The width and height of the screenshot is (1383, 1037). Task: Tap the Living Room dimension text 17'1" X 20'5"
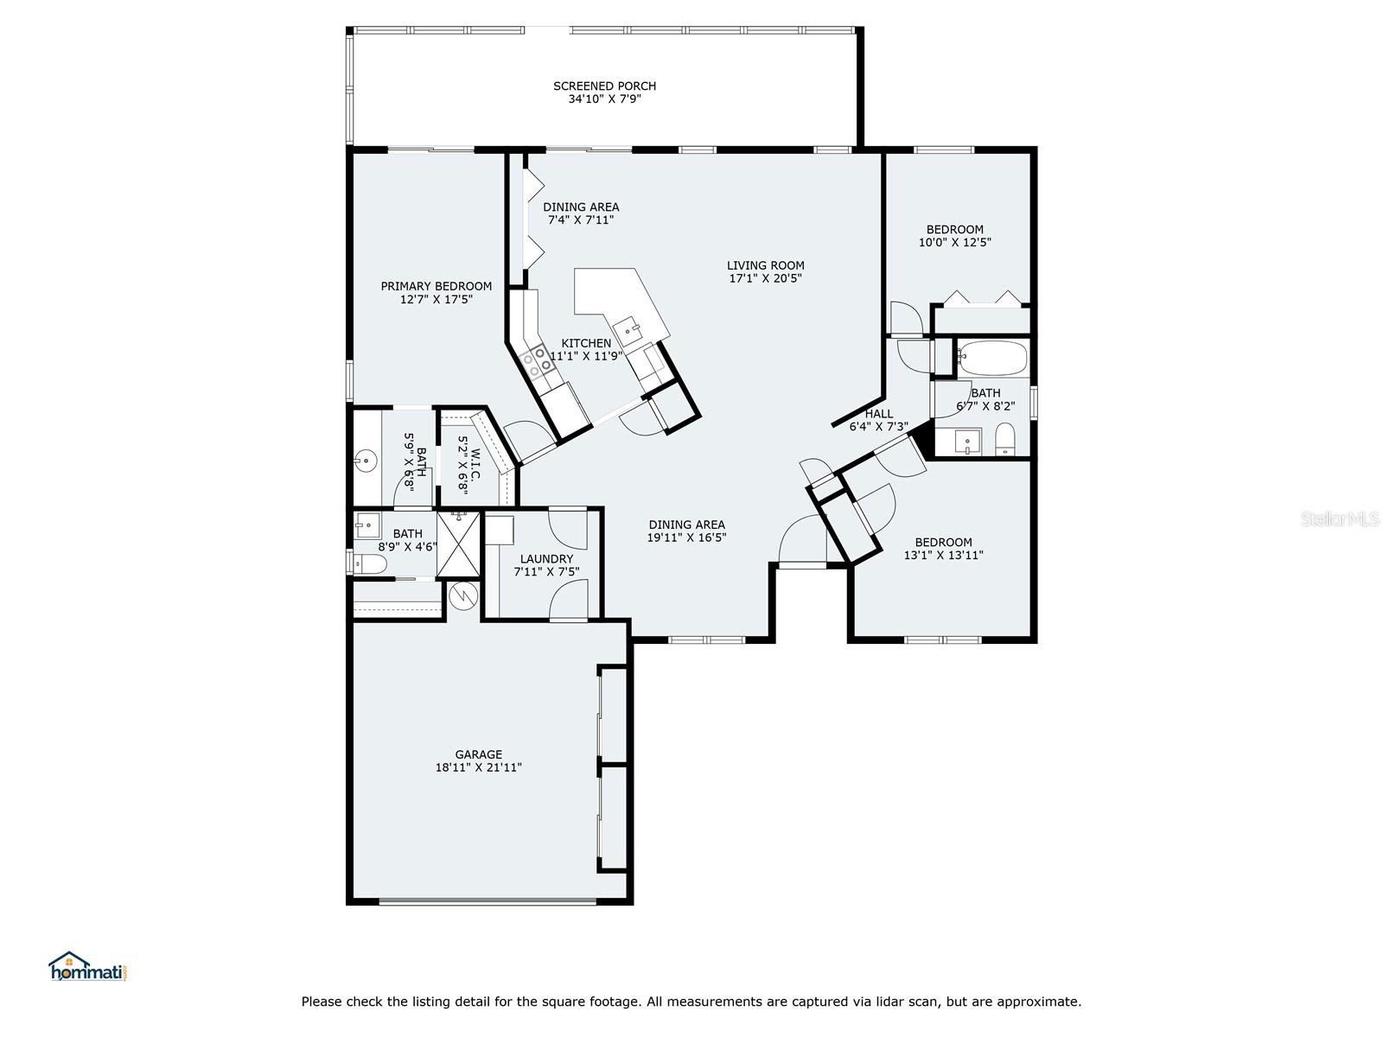click(x=765, y=278)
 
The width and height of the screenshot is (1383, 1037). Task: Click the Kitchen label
click(x=586, y=343)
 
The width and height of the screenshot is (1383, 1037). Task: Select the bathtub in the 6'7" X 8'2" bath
click(x=992, y=358)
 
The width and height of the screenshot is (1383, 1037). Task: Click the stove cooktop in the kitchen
click(x=533, y=362)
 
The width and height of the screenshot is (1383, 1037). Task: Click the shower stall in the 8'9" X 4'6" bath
click(x=458, y=544)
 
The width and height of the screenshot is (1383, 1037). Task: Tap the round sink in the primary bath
click(x=365, y=461)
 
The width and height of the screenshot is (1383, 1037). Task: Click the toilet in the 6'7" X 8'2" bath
click(x=1005, y=439)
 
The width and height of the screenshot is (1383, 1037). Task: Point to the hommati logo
click(x=87, y=966)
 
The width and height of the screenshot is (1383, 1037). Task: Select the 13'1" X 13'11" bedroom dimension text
click(x=943, y=556)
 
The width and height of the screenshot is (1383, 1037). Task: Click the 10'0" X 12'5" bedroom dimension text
click(x=954, y=243)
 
